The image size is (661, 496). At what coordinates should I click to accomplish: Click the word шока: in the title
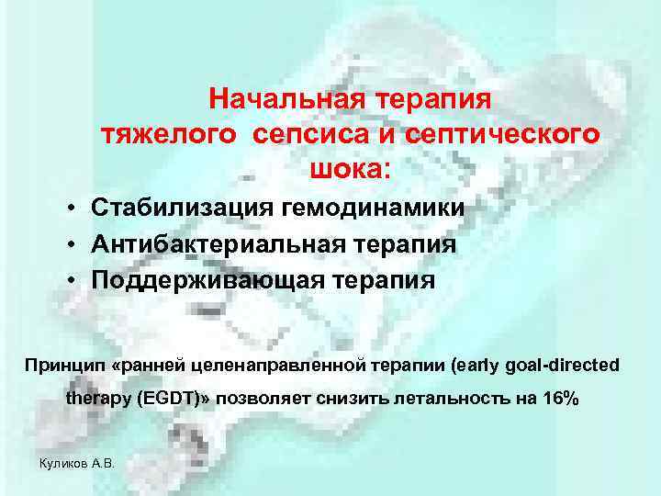[351, 169]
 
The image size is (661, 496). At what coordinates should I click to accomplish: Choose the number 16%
[556, 400]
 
